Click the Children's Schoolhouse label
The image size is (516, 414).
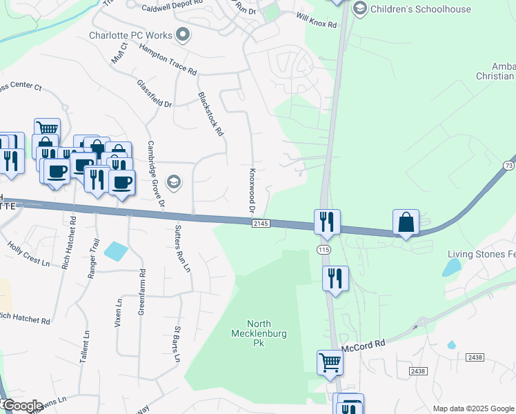pyautogui.click(x=421, y=9)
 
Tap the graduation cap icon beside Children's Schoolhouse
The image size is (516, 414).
pyautogui.click(x=359, y=9)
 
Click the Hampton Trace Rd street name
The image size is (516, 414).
pyautogui.click(x=168, y=60)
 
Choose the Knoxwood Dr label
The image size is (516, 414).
pyautogui.click(x=252, y=190)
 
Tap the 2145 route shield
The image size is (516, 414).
pyautogui.click(x=260, y=224)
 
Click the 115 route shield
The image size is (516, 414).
pyautogui.click(x=324, y=248)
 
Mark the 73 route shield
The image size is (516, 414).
pyautogui.click(x=508, y=166)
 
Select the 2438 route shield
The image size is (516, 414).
pyautogui.click(x=417, y=371)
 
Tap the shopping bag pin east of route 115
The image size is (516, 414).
pyautogui.click(x=406, y=222)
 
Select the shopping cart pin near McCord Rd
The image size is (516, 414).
pyautogui.click(x=330, y=363)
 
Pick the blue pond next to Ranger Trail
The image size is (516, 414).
pyautogui.click(x=115, y=251)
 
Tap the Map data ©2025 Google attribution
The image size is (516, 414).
pyautogui.click(x=473, y=408)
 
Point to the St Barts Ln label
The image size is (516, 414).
pyautogui.click(x=177, y=344)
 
